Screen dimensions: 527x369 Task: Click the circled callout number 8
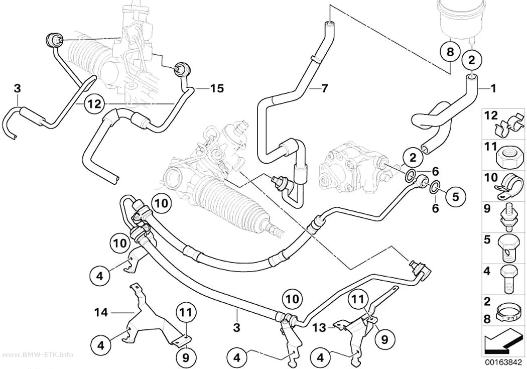[450, 52]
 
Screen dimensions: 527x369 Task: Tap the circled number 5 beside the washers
[455, 196]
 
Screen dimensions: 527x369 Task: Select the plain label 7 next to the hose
[324, 88]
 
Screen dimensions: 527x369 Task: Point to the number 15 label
[217, 88]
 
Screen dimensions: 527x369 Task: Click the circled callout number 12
[94, 104]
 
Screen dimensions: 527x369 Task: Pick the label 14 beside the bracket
[101, 313]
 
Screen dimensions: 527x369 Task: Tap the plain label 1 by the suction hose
[493, 88]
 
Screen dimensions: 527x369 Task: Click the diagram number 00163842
[503, 362]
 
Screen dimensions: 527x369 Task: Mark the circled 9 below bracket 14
[186, 358]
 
